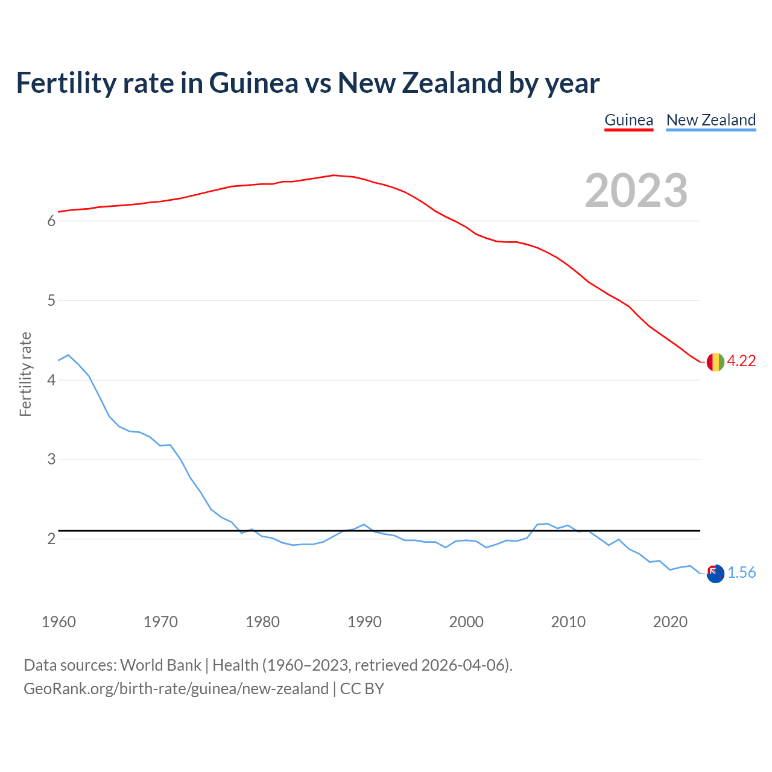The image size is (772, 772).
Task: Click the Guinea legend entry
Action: tap(628, 120)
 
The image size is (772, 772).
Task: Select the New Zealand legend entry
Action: tap(710, 120)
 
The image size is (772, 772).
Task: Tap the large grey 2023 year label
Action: tap(636, 191)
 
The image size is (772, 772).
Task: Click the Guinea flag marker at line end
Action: tap(715, 362)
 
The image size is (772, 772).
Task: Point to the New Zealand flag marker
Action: tap(715, 574)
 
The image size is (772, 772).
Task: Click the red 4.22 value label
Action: tap(741, 361)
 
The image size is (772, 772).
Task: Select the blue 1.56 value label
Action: tap(741, 573)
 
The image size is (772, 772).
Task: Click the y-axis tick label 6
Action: tap(51, 221)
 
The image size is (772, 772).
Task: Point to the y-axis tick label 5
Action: tap(51, 301)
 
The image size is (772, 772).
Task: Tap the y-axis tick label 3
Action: tap(51, 460)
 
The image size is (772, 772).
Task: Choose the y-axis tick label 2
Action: tap(51, 539)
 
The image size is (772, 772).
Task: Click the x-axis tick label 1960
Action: tap(59, 622)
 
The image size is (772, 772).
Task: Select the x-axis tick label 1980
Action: tap(262, 622)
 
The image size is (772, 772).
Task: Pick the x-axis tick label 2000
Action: tap(466, 622)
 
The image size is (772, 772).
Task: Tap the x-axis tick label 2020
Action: tap(670, 622)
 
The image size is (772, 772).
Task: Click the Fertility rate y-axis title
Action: tap(25, 374)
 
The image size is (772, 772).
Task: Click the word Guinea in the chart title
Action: tap(253, 83)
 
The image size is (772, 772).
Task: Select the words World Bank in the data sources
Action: tap(160, 665)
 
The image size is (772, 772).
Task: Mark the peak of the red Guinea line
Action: tap(334, 175)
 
